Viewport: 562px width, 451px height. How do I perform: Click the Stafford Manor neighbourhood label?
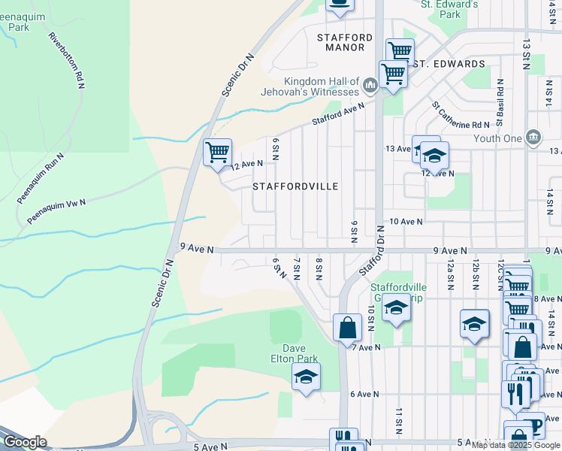tap(345, 41)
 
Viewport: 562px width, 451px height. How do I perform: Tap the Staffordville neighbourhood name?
tap(295, 186)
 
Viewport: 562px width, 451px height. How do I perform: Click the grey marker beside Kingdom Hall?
tap(370, 86)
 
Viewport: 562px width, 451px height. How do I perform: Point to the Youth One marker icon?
tap(533, 137)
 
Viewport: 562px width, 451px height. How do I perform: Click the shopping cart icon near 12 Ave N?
tap(217, 152)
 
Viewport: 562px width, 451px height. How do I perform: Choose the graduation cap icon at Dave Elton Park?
tap(306, 376)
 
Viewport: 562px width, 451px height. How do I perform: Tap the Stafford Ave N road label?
tap(338, 114)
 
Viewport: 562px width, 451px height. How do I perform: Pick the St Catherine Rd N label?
tap(461, 115)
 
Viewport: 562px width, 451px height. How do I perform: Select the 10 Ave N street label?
tap(406, 222)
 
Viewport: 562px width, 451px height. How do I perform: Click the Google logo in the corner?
tap(25, 442)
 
